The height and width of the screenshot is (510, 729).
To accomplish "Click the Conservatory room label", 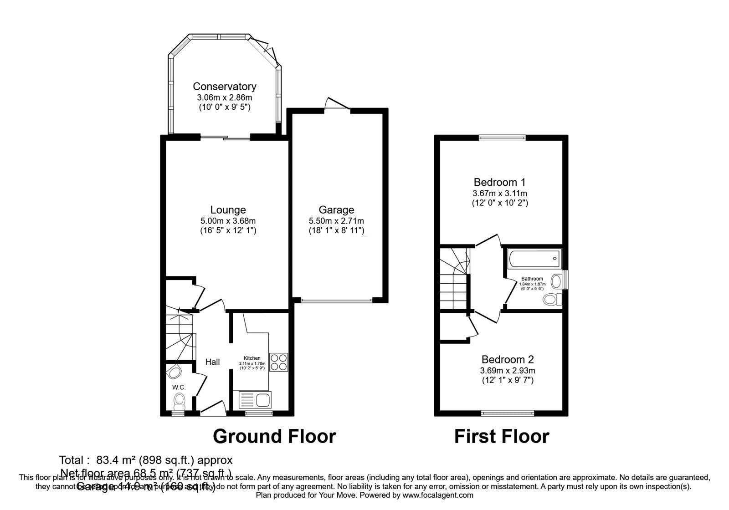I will (x=224, y=87).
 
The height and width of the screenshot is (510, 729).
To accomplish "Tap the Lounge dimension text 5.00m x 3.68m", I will (x=228, y=221).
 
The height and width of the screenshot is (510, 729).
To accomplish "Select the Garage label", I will (x=336, y=210).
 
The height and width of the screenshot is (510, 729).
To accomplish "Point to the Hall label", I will (x=212, y=362).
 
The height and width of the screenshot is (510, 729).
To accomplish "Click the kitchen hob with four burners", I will (x=278, y=362).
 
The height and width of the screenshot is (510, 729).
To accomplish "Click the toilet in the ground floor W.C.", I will (x=179, y=401).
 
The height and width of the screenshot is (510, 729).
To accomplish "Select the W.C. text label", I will (x=179, y=388).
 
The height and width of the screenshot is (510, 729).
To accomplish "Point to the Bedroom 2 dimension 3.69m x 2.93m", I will (x=508, y=370).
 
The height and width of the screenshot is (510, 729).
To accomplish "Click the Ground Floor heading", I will (x=274, y=436).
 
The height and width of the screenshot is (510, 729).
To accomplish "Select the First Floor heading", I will (x=502, y=436).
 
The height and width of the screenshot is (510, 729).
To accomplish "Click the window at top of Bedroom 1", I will (x=502, y=137).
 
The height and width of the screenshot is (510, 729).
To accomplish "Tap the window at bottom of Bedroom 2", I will (x=508, y=413).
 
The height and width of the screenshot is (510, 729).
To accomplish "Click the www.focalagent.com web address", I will (x=438, y=495).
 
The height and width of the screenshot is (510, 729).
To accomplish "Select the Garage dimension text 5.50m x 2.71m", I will (x=336, y=221).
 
